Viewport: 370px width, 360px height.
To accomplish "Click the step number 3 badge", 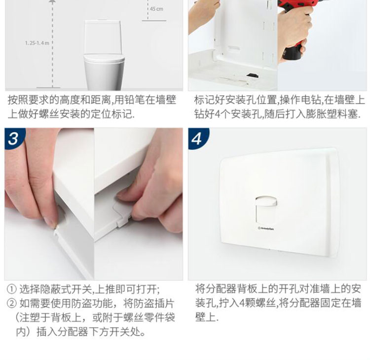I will (13, 138).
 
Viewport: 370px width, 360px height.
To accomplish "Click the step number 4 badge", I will (197, 138).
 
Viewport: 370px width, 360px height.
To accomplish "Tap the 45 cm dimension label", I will (156, 9).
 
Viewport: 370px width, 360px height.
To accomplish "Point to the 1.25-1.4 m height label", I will (37, 43).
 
